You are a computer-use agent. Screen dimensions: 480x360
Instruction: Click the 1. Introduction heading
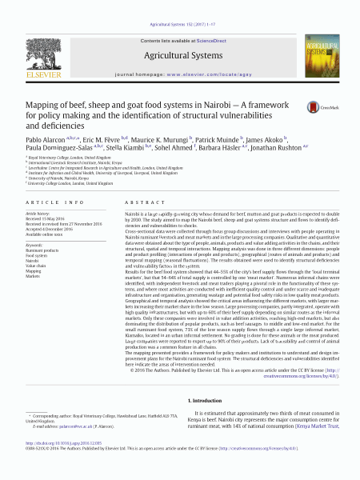click(208, 400)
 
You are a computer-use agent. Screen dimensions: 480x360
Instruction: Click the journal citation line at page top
click(180, 6)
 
